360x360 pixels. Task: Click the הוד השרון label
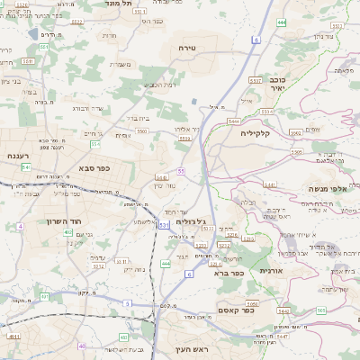click(65, 220)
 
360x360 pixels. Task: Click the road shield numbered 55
click(181, 170)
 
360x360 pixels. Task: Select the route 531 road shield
click(164, 224)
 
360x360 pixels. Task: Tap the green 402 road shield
click(67, 232)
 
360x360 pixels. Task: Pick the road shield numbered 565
click(321, 310)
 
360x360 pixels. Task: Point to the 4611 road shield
click(13, 336)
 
